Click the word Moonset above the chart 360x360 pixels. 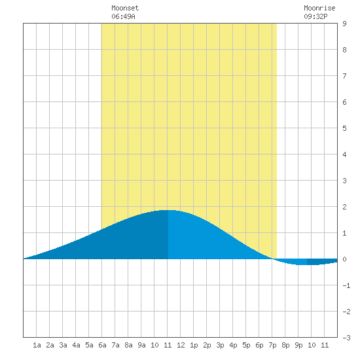[125, 8]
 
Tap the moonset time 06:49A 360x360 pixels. [123, 16]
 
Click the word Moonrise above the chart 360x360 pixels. [319, 8]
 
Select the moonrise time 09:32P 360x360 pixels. [315, 16]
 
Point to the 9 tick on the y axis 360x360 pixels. [344, 24]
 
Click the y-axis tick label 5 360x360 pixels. [344, 128]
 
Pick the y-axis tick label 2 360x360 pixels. [344, 207]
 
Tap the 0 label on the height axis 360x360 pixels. [344, 259]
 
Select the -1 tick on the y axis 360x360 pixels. [346, 285]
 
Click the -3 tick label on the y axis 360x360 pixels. [346, 338]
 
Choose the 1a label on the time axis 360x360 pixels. [37, 345]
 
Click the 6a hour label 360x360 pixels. [102, 345]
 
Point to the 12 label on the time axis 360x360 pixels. [181, 345]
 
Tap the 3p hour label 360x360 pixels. [220, 345]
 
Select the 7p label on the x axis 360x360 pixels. [272, 345]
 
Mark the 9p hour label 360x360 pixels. [298, 345]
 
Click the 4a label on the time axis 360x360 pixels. [76, 345]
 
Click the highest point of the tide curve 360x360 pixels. [168, 210]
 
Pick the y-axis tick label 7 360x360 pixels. [344, 76]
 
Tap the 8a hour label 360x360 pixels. [128, 345]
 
